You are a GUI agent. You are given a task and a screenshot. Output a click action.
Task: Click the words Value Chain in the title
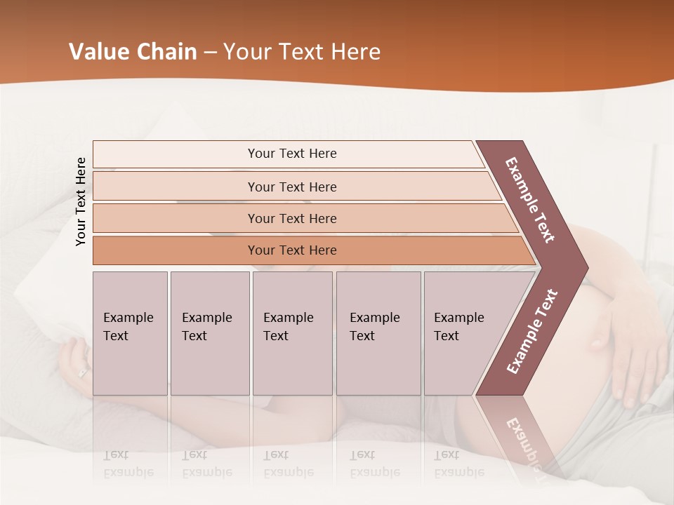133,52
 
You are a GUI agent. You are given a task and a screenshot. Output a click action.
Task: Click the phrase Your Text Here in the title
301,52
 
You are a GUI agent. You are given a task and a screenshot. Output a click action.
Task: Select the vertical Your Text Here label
81,201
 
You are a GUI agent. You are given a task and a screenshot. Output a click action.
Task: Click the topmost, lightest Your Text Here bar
291,154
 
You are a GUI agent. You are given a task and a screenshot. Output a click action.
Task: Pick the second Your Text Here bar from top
291,187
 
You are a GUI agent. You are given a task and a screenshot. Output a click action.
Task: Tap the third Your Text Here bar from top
291,218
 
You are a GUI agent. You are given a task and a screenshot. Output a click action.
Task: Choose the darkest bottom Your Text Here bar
291,250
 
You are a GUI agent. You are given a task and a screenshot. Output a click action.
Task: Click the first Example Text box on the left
130,333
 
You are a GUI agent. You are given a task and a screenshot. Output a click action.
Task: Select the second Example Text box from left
209,333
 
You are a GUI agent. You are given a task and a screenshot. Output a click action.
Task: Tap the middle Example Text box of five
292,333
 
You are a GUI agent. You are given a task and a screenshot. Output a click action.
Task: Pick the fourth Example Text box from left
378,333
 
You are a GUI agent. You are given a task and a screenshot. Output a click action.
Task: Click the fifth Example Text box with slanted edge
463,333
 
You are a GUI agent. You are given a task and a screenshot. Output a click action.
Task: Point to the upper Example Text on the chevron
530,200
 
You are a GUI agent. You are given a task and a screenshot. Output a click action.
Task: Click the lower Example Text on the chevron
532,332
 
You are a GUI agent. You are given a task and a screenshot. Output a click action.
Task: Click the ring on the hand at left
83,372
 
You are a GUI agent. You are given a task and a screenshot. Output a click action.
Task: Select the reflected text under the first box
128,464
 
